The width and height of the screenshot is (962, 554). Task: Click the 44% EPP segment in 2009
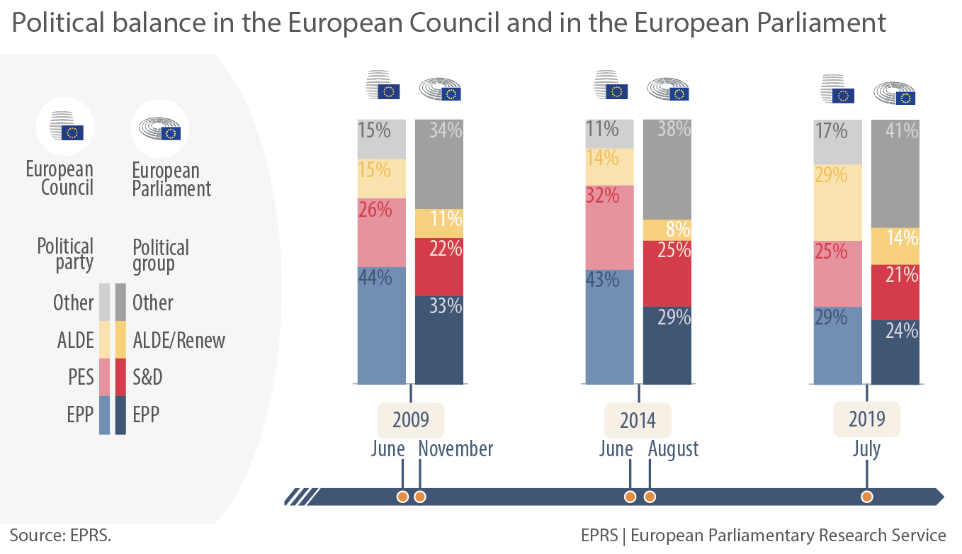point(381,325)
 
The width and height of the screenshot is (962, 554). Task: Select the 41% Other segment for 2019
point(895,174)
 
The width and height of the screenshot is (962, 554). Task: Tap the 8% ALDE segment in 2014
point(667,230)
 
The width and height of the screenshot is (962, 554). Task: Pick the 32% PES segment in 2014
point(609,227)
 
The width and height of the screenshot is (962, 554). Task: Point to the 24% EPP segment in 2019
point(895,352)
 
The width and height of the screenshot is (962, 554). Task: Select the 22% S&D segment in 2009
point(438,266)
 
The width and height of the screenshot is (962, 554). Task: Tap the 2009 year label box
point(411,419)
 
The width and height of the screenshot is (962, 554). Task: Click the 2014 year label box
point(638,419)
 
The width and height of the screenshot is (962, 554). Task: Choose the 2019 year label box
point(866,419)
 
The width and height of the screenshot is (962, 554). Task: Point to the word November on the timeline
point(455,449)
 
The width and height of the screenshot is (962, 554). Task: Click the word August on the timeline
point(673,449)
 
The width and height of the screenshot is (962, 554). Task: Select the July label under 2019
point(866,449)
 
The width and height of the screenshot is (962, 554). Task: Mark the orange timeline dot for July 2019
point(866,497)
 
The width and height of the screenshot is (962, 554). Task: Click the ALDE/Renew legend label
point(179,340)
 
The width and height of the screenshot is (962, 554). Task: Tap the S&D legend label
point(147,378)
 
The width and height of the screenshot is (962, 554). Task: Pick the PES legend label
point(81,378)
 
